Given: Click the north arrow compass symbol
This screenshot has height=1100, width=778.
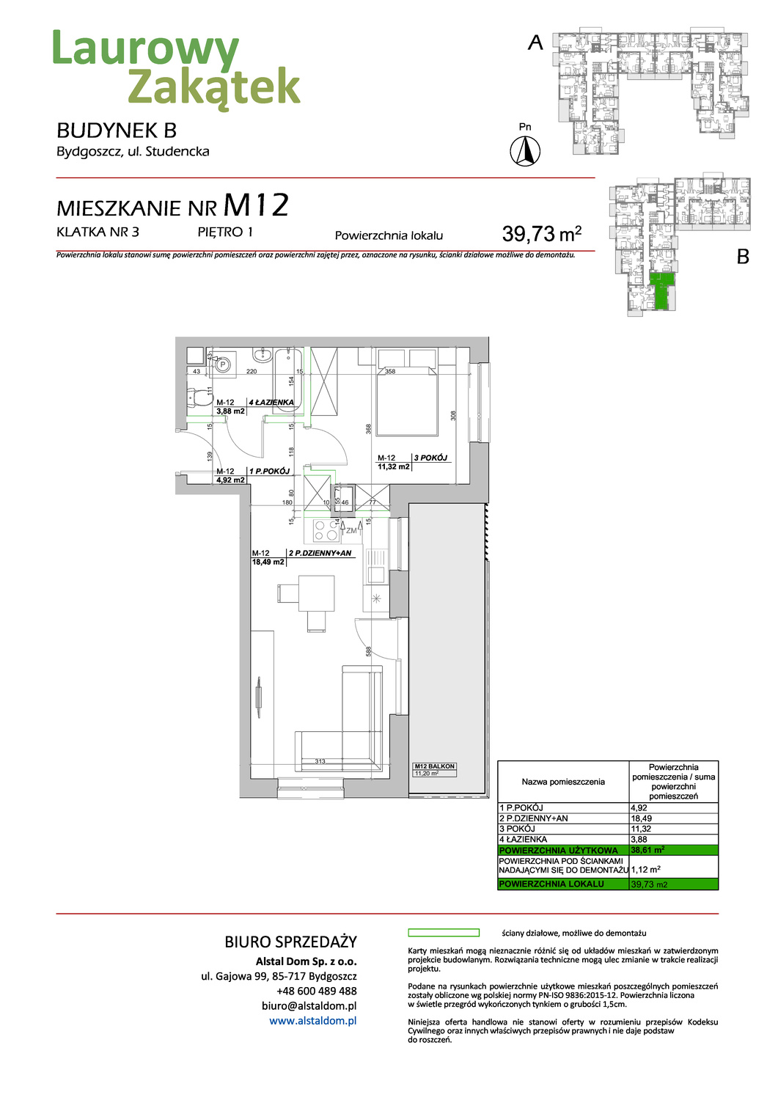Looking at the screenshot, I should pos(525,151).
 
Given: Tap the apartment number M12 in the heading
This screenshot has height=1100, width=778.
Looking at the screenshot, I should pos(256,206).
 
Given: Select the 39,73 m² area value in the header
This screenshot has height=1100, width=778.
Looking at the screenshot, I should pos(541,234).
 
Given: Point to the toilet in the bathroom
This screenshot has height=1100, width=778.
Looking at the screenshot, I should pos(197,397).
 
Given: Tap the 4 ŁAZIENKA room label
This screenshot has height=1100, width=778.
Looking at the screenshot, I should pos(271,402).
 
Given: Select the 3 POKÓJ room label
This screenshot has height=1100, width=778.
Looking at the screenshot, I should pos(430,458).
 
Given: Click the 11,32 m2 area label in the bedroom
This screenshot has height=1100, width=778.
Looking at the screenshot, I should pos(394,466).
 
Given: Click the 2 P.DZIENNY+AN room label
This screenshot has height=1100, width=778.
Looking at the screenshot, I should pos(320,553).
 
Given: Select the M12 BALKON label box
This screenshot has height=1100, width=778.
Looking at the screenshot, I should pos(434,769).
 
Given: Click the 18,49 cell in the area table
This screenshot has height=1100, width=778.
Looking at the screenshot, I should pos(642,818).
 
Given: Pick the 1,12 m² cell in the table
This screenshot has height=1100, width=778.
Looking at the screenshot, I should pos(646,870).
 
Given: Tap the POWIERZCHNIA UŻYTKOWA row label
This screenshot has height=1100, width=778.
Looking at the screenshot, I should pos(558,850).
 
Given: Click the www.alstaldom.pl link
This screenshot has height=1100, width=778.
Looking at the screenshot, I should pos(312,1020).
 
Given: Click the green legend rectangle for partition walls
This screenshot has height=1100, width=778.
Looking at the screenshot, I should pos(443,933).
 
